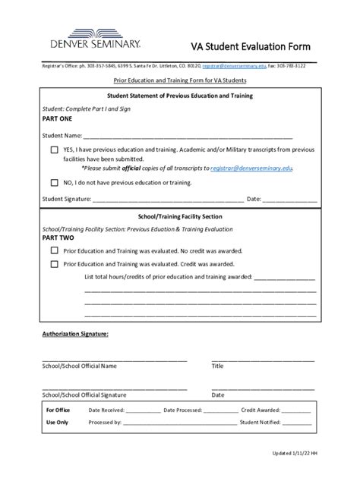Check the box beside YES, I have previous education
(54, 150)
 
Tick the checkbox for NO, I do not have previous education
(54, 183)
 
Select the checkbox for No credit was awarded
(54, 250)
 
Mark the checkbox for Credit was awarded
(54, 264)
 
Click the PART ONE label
(57, 120)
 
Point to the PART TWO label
(58, 237)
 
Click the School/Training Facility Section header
(180, 216)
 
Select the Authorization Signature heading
(75, 333)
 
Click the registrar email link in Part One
(251, 168)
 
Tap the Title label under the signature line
(217, 366)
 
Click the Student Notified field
(297, 423)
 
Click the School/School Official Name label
(79, 366)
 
